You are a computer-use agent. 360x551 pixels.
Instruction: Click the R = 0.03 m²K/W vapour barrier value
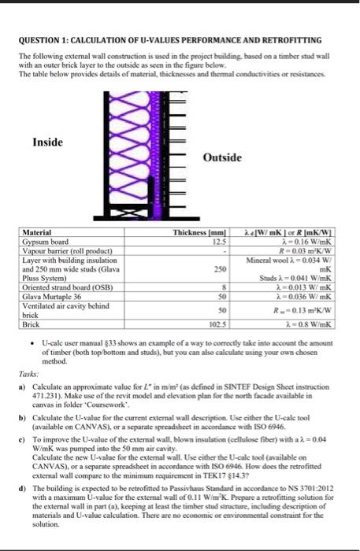pyautogui.click(x=312, y=250)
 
